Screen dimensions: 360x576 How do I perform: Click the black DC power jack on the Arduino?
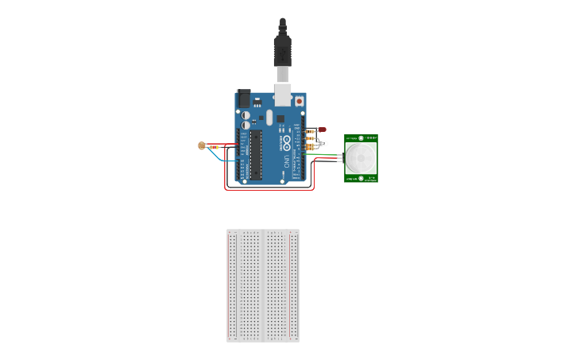click(x=243, y=99)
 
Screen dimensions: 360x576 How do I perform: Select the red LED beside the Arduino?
click(x=321, y=129)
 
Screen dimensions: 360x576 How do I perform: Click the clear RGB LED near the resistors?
click(x=321, y=143)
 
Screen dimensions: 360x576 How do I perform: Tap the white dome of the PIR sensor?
click(x=361, y=157)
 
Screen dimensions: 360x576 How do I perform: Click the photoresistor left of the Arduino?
click(x=202, y=145)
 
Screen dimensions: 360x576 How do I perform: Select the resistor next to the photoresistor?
click(x=213, y=146)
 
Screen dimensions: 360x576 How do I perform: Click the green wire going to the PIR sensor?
click(x=329, y=156)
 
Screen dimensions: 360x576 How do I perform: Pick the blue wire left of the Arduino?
click(x=226, y=157)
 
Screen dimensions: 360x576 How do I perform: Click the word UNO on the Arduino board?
click(x=286, y=162)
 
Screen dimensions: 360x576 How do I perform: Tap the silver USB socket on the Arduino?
click(x=282, y=94)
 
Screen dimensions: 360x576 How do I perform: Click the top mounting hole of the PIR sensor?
click(x=361, y=138)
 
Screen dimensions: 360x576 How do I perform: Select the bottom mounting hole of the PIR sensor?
click(x=361, y=178)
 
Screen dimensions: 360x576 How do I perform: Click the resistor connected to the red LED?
click(x=310, y=130)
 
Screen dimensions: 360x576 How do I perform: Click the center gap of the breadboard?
click(x=263, y=286)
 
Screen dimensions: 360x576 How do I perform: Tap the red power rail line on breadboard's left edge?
click(x=230, y=286)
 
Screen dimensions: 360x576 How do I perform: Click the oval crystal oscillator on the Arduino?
click(x=269, y=118)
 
